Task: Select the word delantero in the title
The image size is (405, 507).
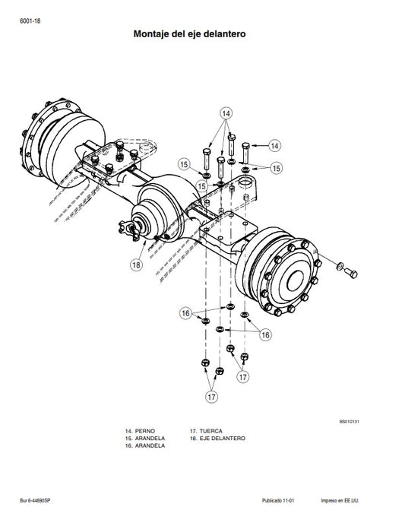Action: pyautogui.click(x=224, y=34)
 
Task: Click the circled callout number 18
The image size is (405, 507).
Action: pyautogui.click(x=136, y=265)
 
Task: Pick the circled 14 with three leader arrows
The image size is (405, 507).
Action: pyautogui.click(x=225, y=112)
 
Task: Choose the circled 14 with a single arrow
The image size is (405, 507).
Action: pyautogui.click(x=274, y=144)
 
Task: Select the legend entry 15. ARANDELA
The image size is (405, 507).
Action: pyautogui.click(x=144, y=439)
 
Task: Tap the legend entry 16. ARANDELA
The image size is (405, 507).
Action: pyautogui.click(x=144, y=446)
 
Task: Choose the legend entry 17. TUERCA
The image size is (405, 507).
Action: pyautogui.click(x=206, y=431)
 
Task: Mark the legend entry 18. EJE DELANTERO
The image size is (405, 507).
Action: pyautogui.click(x=217, y=439)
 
